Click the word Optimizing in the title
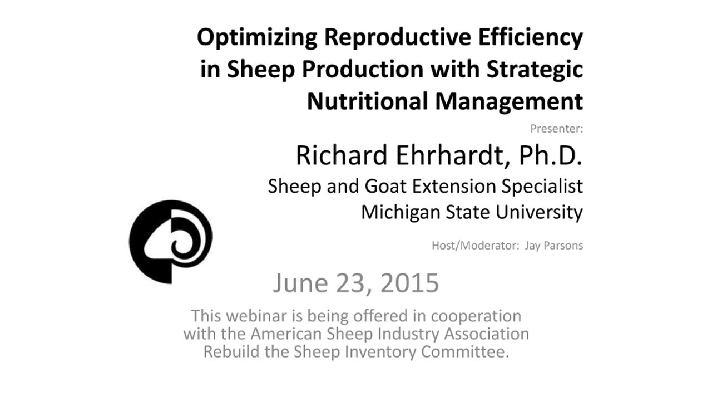256,38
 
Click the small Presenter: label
556,129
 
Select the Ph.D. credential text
550,156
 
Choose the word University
539,212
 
